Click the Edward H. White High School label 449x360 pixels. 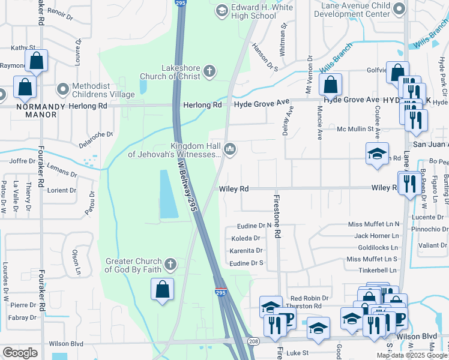click(254, 11)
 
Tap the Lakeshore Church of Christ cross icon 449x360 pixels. click(209, 72)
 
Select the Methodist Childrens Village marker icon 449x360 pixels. click(62, 89)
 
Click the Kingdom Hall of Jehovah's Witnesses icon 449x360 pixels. click(230, 148)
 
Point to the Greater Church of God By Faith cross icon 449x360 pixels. click(171, 264)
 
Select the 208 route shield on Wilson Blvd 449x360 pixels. click(254, 341)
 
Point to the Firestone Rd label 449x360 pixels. click(277, 217)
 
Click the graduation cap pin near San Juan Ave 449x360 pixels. click(376, 154)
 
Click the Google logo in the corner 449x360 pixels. click(20, 353)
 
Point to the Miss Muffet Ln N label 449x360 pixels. click(373, 224)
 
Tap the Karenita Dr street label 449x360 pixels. click(246, 251)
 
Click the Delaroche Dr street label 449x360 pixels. click(96, 139)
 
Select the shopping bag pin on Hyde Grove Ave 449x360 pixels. click(330, 85)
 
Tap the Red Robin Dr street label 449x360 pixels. click(309, 298)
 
